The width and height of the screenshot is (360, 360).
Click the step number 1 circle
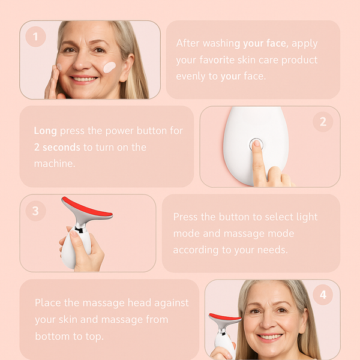(35, 37)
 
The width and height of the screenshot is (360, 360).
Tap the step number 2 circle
(323, 122)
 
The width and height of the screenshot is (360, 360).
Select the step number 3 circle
(35, 211)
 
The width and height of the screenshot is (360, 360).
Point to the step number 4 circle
(323, 295)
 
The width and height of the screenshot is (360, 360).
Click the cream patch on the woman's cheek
(110, 67)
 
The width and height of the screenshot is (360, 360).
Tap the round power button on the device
(256, 145)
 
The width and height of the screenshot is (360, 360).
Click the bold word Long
(45, 131)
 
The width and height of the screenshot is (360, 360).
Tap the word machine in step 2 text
(55, 163)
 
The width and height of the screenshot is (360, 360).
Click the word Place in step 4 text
(47, 303)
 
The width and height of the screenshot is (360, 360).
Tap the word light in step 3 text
(307, 217)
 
